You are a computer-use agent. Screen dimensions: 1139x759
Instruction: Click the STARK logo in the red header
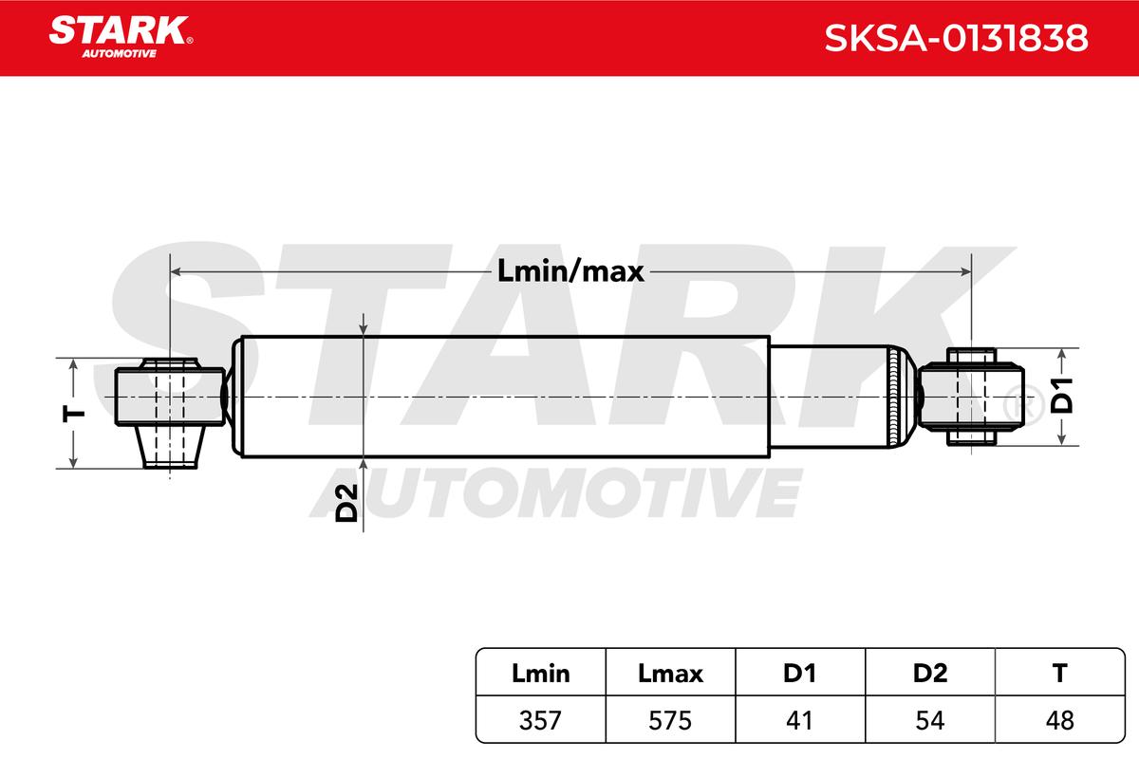pyautogui.click(x=121, y=37)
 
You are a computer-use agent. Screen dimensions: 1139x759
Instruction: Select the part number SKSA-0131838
pyautogui.click(x=956, y=38)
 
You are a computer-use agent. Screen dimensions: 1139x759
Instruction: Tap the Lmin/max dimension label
pyautogui.click(x=570, y=271)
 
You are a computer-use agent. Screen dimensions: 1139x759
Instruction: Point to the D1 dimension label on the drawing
pyautogui.click(x=1062, y=395)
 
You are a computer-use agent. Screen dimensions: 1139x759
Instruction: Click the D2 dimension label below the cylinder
pyautogui.click(x=346, y=503)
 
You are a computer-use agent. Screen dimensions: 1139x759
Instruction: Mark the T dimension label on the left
pyautogui.click(x=74, y=414)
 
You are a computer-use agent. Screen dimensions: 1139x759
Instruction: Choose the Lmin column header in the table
pyautogui.click(x=540, y=673)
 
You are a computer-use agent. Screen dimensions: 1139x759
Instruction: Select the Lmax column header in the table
pyautogui.click(x=670, y=673)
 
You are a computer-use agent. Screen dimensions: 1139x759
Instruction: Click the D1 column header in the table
pyautogui.click(x=800, y=673)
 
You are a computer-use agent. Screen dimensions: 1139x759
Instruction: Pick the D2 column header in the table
pyautogui.click(x=930, y=673)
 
